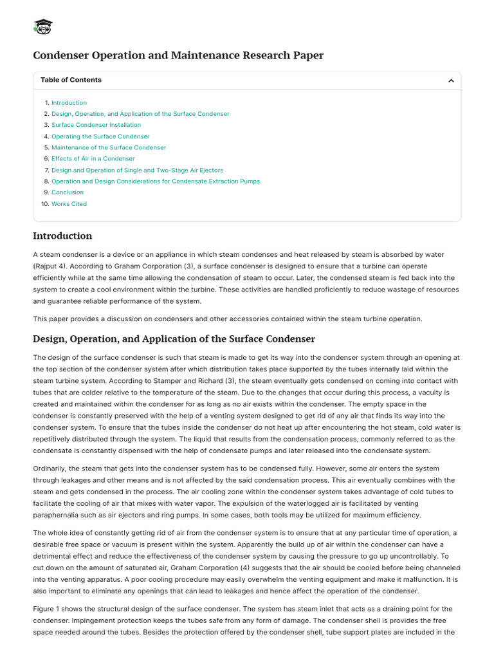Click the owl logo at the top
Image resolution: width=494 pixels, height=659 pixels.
coord(42,26)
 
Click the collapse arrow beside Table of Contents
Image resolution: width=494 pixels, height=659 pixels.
coord(451,80)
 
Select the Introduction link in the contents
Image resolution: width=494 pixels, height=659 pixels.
coord(69,103)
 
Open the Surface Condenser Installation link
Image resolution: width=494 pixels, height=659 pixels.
coord(96,125)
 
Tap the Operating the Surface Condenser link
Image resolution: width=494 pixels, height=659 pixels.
coord(100,136)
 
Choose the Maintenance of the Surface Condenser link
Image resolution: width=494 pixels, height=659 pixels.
coord(108,147)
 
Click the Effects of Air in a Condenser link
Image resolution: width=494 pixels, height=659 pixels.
coord(93,158)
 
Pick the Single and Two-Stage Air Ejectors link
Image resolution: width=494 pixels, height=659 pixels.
coord(137,170)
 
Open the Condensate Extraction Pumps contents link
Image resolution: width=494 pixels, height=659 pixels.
coord(156,181)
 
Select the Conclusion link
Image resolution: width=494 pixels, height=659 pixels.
coord(68,192)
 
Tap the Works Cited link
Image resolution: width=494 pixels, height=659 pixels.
coord(69,204)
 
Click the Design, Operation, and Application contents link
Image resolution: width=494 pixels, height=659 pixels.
coord(140,114)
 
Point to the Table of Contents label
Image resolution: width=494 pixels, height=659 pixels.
coord(71,80)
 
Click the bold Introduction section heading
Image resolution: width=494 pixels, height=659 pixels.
coord(62,236)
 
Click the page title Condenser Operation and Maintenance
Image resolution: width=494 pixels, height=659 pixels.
coord(178,55)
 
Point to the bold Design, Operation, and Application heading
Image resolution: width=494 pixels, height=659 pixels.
coord(174,339)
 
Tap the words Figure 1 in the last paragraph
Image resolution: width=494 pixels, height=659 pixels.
coord(46,609)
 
